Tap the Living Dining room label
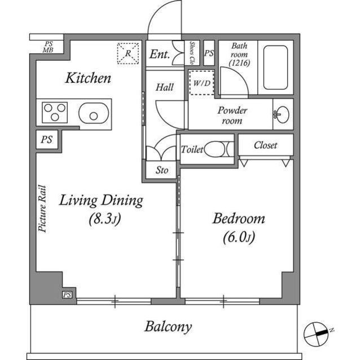click(102, 200)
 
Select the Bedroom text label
click(238, 219)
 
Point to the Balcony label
click(168, 326)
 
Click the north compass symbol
click(316, 334)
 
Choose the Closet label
click(265, 145)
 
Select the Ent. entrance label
click(160, 55)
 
